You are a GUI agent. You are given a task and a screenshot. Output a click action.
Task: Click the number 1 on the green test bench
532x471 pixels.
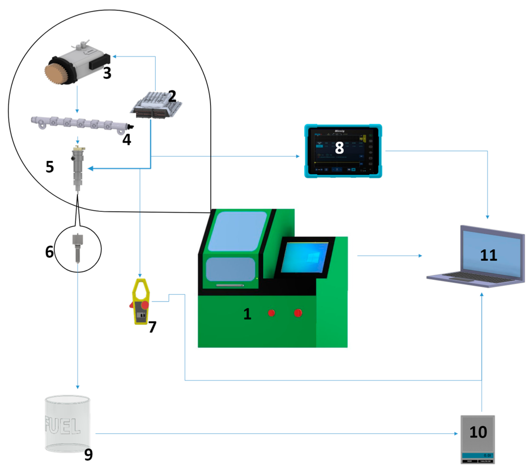(x=247, y=314)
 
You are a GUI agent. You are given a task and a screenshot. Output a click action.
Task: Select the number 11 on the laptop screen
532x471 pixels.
(x=488, y=255)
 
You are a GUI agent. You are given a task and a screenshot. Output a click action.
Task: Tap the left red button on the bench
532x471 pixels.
(x=271, y=313)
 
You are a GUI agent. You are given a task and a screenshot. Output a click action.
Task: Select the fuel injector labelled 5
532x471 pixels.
(x=78, y=168)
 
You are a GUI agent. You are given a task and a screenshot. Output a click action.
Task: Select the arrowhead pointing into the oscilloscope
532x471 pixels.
(x=298, y=156)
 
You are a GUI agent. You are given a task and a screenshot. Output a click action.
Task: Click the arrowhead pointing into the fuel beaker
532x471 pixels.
(x=78, y=387)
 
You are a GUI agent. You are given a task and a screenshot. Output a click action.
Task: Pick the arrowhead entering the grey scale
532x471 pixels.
(x=456, y=433)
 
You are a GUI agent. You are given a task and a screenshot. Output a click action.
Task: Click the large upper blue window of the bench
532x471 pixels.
(x=237, y=231)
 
